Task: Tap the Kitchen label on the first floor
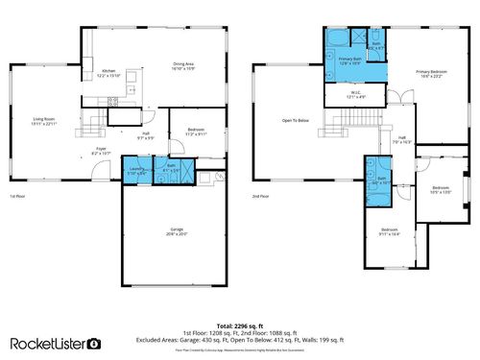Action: click(x=108, y=72)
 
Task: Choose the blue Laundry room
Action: click(x=136, y=172)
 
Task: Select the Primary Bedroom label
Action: click(x=431, y=74)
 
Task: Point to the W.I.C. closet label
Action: click(x=354, y=95)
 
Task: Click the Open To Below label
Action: click(x=295, y=120)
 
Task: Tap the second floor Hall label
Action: click(x=402, y=139)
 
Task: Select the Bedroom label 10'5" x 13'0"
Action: click(x=441, y=188)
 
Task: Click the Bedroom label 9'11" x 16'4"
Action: click(x=389, y=231)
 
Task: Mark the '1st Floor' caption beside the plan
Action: click(x=17, y=196)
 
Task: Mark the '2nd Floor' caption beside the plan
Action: click(x=260, y=196)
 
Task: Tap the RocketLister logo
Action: click(x=55, y=343)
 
